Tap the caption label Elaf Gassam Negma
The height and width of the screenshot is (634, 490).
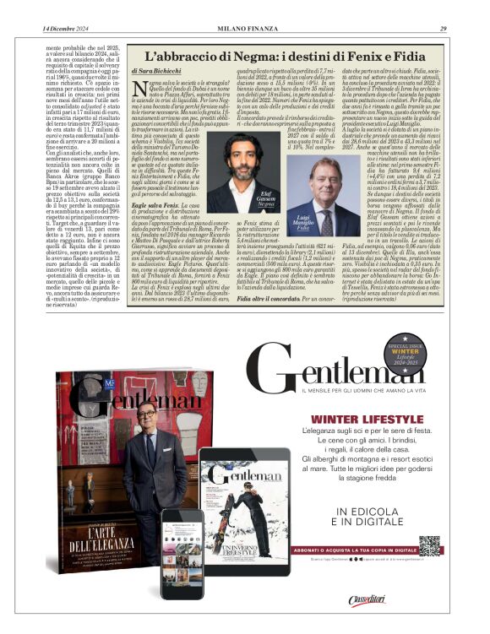[x=267, y=198]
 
